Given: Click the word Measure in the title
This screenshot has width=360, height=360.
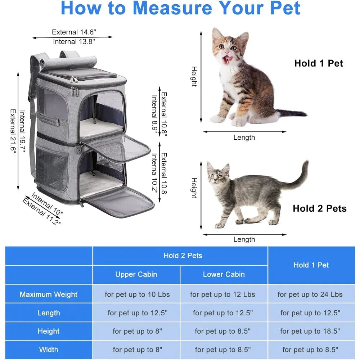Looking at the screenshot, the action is [172, 8].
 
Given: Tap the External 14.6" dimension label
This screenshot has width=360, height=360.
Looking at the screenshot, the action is [74, 32].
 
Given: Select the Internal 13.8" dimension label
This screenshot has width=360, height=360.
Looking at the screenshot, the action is [74, 41].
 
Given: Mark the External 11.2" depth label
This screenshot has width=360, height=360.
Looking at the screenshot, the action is [42, 212].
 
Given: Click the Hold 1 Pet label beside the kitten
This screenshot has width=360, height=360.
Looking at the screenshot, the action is [319, 63].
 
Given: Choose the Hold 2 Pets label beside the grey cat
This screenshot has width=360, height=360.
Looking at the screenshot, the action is [320, 208].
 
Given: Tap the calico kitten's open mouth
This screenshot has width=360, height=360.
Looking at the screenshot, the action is [227, 59].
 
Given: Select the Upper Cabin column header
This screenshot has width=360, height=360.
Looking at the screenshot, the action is [136, 274].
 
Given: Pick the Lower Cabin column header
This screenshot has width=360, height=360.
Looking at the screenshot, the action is [224, 274].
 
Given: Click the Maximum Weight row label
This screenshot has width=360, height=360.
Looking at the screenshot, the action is [49, 294].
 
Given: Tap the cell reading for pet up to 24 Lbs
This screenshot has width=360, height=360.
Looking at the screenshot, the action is [310, 294].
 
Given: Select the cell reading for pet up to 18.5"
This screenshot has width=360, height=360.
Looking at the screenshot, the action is [310, 331].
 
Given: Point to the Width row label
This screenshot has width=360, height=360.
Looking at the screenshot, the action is [49, 350].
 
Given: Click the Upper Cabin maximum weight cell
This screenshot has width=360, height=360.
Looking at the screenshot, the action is [137, 294].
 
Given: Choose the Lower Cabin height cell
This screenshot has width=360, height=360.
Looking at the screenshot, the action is [223, 331].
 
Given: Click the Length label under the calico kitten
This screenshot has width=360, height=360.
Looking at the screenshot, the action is [244, 138].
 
